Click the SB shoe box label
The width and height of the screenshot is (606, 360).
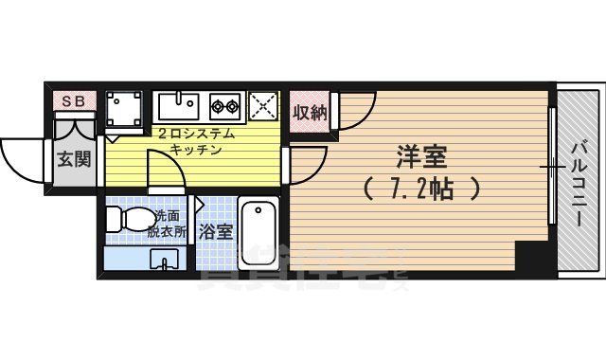pos(74,99)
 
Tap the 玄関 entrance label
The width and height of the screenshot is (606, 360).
pos(74,158)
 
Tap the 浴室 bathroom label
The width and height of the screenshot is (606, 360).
pos(215,230)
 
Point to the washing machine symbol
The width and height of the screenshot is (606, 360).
pos(124,109)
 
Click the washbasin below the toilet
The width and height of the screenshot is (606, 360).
pos(163,260)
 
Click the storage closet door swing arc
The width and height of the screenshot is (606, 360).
pos(358,109)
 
